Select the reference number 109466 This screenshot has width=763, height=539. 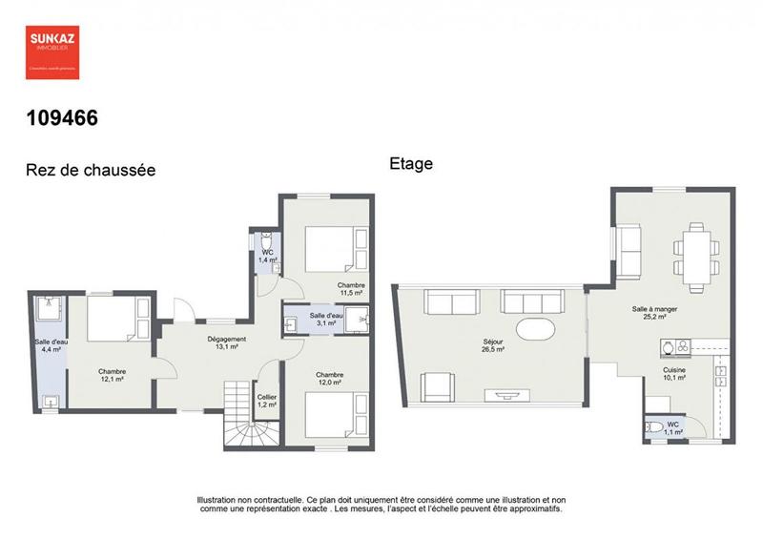(x=61, y=119)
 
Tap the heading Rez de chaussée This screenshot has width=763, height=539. (x=90, y=171)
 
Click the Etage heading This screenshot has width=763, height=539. (x=411, y=164)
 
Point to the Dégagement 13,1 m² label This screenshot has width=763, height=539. (x=227, y=343)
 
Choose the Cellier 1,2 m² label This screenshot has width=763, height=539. (x=266, y=401)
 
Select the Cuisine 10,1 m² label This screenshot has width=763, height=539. (x=675, y=372)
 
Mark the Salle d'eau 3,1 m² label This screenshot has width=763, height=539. (x=326, y=320)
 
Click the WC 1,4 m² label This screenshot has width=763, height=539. (x=267, y=256)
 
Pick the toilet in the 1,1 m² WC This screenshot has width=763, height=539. (x=655, y=426)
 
